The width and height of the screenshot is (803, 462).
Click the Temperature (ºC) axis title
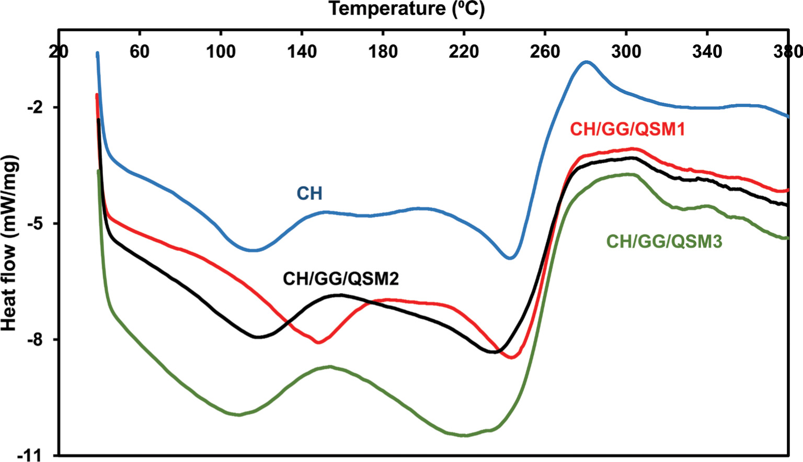(x=406, y=9)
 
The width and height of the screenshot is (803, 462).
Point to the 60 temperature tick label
(x=140, y=51)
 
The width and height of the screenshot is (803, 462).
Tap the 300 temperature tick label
(x=626, y=51)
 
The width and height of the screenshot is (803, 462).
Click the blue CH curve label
(x=309, y=194)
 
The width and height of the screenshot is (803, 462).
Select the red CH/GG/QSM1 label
(x=627, y=129)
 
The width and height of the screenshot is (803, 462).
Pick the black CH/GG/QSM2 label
(x=340, y=279)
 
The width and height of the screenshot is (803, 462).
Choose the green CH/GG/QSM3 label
(x=664, y=242)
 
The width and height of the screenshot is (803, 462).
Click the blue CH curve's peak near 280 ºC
(x=586, y=62)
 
